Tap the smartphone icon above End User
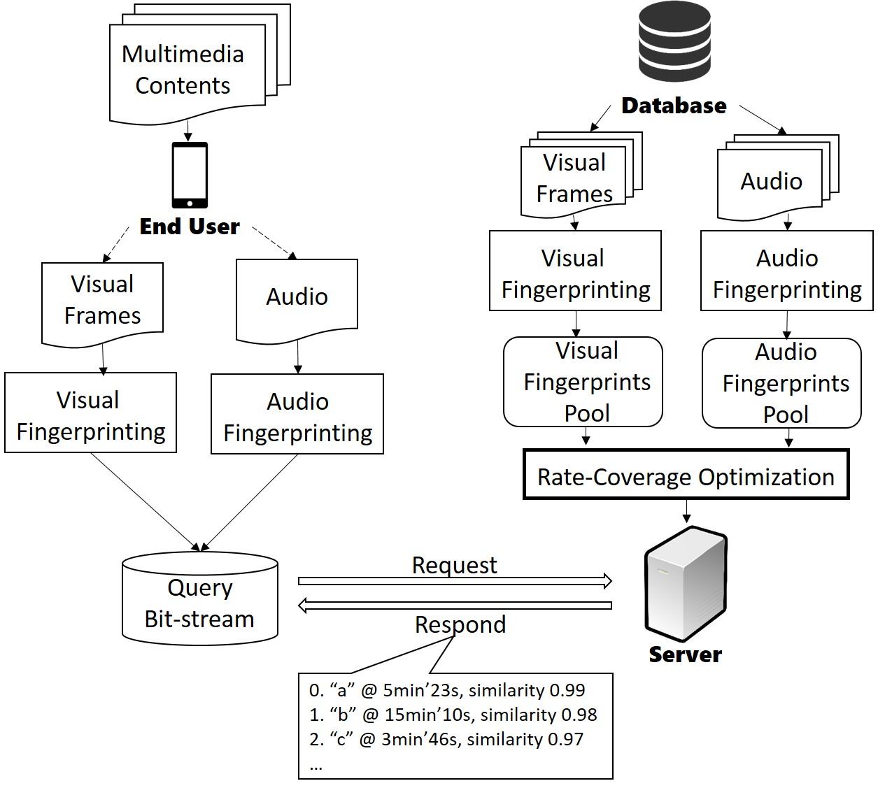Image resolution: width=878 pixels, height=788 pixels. tap(190, 175)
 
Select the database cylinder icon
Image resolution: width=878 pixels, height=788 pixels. tap(674, 43)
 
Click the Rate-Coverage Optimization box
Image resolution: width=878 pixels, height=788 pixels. tap(686, 476)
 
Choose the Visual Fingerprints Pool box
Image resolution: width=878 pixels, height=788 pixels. tap(583, 382)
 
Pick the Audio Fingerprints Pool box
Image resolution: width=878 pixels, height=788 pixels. tap(781, 383)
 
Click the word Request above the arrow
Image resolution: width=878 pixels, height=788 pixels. tap(454, 565)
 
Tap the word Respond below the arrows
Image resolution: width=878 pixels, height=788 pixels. tap(460, 624)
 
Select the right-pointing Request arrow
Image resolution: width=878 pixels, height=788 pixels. tap(455, 581)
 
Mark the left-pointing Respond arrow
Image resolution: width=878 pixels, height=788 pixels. tap(455, 606)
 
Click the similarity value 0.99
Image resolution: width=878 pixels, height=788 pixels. tap(567, 690)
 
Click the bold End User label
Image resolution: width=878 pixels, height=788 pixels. tap(190, 227)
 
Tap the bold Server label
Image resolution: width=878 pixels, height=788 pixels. tap(685, 654)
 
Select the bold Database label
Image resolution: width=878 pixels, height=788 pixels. tap(674, 106)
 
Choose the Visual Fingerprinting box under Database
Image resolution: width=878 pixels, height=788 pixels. tap(575, 271)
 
